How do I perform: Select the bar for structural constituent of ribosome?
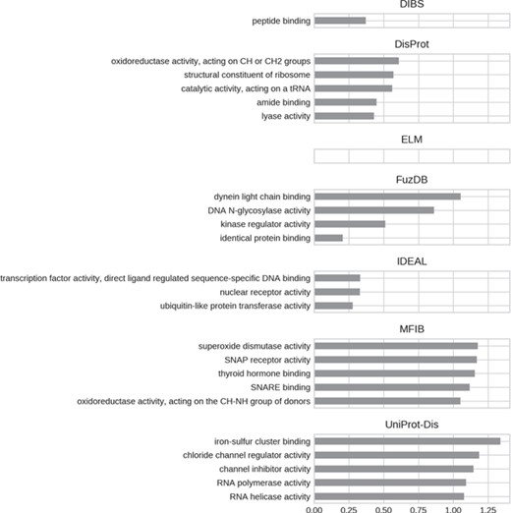coord(353,75)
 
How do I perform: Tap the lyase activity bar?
coord(344,116)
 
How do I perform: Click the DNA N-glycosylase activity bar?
coord(373,210)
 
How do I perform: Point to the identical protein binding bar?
coord(328,238)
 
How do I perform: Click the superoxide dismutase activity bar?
coord(395,346)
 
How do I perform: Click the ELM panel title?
coord(411,140)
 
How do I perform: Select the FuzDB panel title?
coord(411,180)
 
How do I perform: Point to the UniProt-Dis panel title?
coord(411,425)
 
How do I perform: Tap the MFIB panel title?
coord(411,329)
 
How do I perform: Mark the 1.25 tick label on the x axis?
coord(487,508)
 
